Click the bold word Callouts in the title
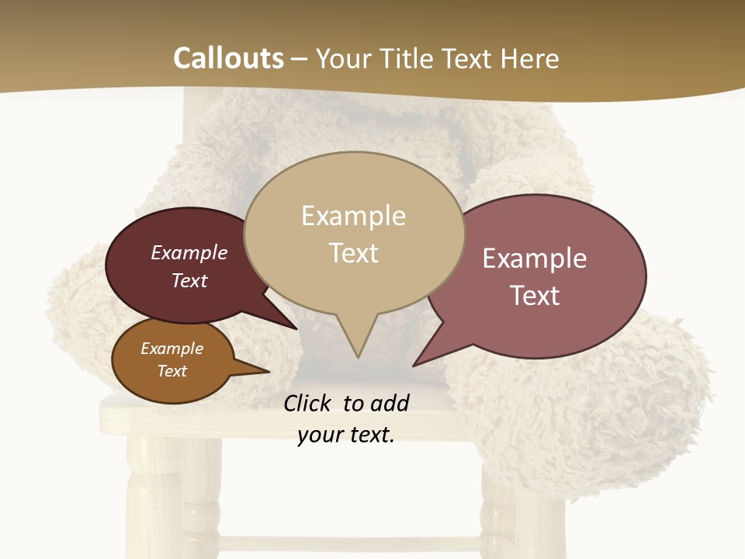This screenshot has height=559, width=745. click(228, 58)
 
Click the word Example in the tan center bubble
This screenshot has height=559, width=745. click(353, 216)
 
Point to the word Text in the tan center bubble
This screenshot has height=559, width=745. click(353, 253)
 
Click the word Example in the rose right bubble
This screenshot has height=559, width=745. click(534, 259)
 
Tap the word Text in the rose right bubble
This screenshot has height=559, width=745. click(534, 296)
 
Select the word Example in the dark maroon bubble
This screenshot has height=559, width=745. click(189, 252)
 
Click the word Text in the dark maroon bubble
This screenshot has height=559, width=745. click(189, 280)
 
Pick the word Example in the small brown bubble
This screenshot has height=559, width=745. click(172, 349)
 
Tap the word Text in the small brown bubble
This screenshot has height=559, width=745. click(172, 371)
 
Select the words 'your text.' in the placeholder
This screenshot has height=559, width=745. click(345, 435)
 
